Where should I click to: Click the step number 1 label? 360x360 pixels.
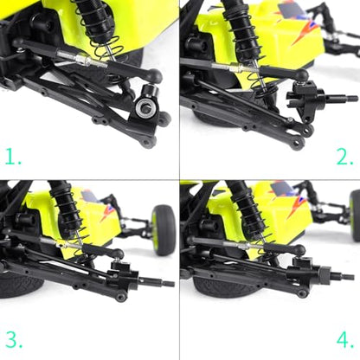pyautogui.click(x=13, y=157)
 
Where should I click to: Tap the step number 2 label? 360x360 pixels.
pyautogui.click(x=345, y=157)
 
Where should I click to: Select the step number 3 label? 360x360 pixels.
pyautogui.click(x=14, y=339)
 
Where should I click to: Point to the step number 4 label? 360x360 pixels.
pyautogui.click(x=345, y=340)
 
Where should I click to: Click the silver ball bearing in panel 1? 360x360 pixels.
pyautogui.click(x=145, y=108)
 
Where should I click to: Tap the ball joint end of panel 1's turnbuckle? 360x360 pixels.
pyautogui.click(x=154, y=76)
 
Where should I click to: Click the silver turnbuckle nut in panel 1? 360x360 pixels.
pyautogui.click(x=82, y=60)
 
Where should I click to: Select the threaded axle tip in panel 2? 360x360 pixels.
pyautogui.click(x=352, y=99)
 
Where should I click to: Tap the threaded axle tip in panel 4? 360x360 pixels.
pyautogui.click(x=348, y=277)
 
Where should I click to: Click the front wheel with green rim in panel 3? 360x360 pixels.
pyautogui.click(x=164, y=230)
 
